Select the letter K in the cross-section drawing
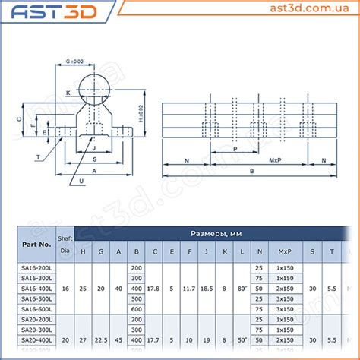click(x=68, y=93)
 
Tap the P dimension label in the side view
click(x=235, y=150)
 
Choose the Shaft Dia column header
click(x=65, y=245)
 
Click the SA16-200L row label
click(x=36, y=268)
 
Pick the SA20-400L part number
click(x=36, y=340)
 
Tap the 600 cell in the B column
click(x=137, y=309)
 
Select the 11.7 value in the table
click(x=188, y=289)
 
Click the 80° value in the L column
click(x=242, y=289)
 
